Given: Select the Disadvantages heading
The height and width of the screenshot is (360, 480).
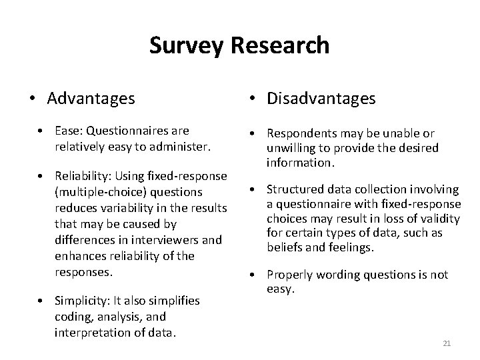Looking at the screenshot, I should (321, 99).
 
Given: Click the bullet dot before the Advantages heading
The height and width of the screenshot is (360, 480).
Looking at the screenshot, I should (31, 99).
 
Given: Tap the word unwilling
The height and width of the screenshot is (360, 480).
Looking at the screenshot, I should (291, 147).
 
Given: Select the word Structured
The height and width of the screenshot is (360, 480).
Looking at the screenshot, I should (295, 190).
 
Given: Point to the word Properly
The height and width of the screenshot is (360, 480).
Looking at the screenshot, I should (289, 275).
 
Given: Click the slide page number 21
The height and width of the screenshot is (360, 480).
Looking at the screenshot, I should (447, 343).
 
